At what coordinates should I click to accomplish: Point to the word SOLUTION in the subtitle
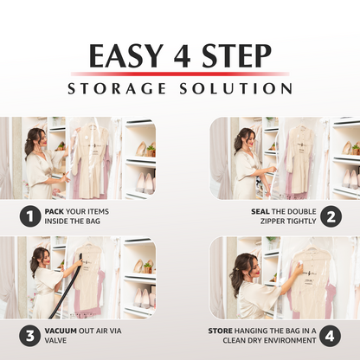(237, 88)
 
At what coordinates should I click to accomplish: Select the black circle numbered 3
(29, 332)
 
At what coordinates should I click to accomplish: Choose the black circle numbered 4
(330, 332)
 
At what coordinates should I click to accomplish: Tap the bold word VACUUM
(64, 328)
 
